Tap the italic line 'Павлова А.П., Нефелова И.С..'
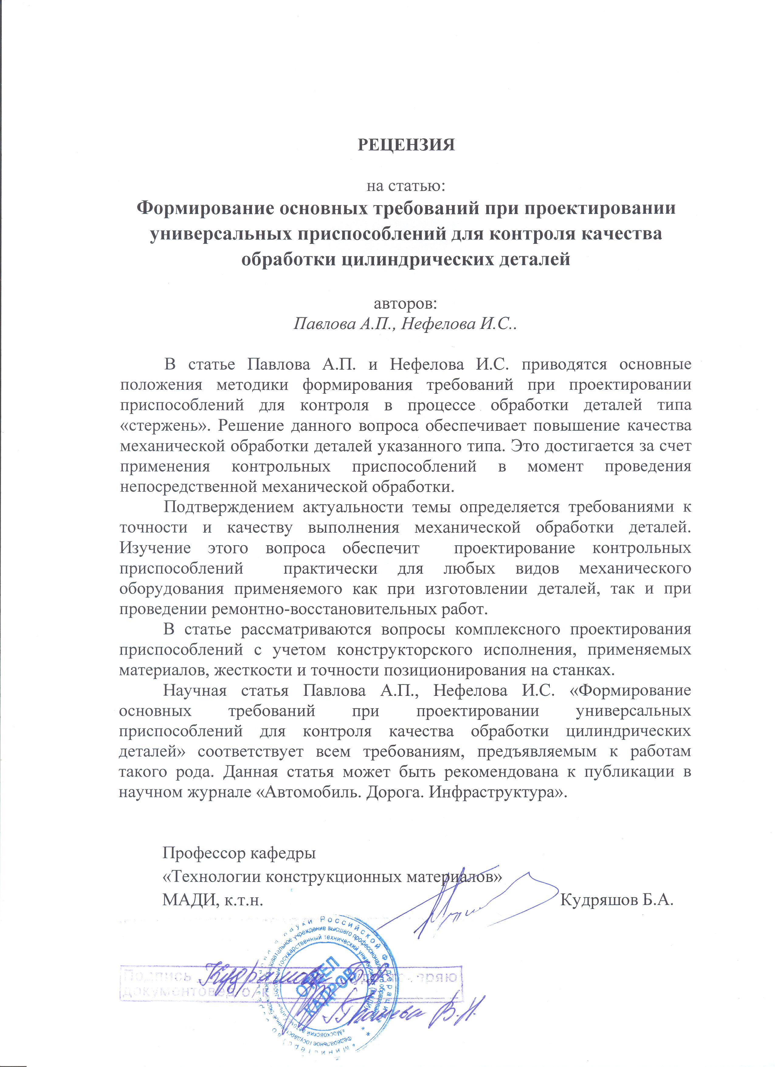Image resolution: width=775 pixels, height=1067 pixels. (405, 325)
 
